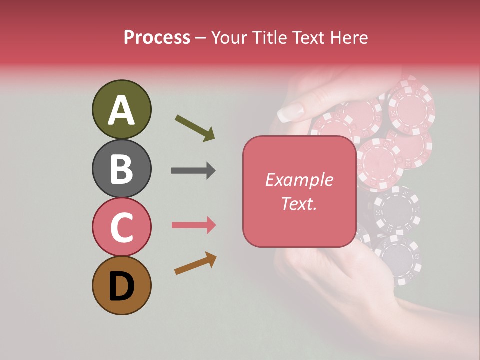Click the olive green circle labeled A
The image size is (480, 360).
click(121, 109)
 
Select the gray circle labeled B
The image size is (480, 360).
click(121, 168)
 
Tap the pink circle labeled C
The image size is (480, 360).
click(121, 227)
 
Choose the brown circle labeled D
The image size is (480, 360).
click(121, 285)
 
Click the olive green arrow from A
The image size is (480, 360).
click(195, 128)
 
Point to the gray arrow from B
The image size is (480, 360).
click(193, 171)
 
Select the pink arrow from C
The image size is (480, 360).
click(194, 225)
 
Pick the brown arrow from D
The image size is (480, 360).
click(195, 263)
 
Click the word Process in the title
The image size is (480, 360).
click(157, 38)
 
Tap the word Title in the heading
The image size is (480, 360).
click(271, 38)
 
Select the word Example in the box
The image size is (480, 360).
click(299, 180)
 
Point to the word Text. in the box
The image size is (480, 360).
click(299, 203)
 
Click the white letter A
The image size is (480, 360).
click(121, 110)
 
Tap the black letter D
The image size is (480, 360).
click(121, 287)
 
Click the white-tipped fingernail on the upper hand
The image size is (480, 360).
click(290, 112)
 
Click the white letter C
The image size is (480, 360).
click(121, 228)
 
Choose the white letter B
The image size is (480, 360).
click(121, 169)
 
